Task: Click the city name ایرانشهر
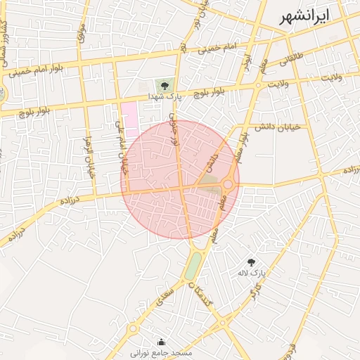point(304,18)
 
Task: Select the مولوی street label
point(81,32)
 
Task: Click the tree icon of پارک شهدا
point(164,86)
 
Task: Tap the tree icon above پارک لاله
point(251,262)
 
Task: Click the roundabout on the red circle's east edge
point(229,184)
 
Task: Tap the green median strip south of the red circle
point(193,266)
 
